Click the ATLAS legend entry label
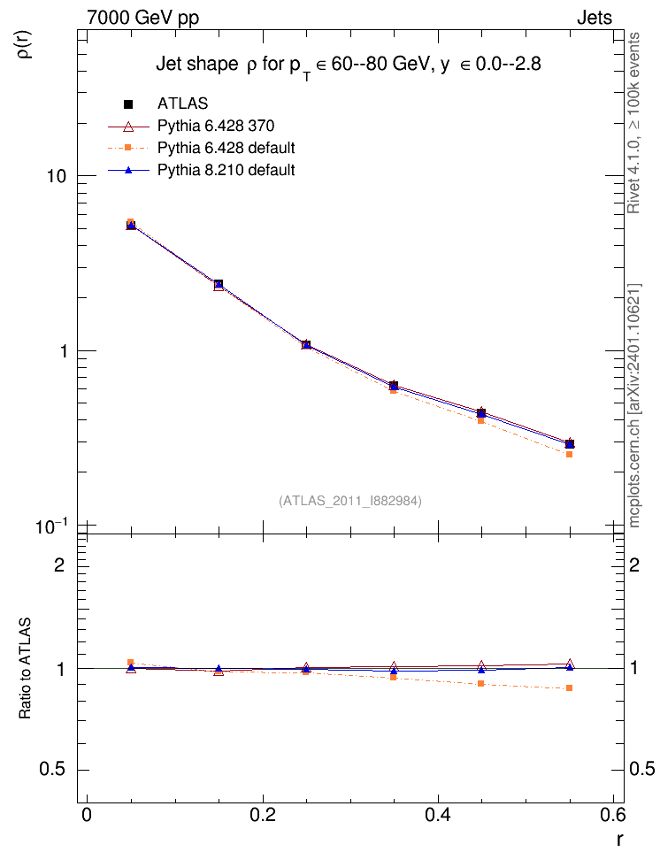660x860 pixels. coord(182,104)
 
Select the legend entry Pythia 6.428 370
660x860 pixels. coord(216,127)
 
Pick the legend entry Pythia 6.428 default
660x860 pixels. coord(226,148)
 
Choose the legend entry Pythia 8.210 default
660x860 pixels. coord(226,170)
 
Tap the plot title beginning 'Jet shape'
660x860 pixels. coord(349,65)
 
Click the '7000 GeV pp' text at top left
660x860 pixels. coord(142,18)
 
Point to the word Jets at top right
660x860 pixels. coord(595,18)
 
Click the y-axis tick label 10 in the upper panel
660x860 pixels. coord(56,177)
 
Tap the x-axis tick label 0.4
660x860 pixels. coord(438,815)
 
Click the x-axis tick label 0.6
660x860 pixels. coord(612,815)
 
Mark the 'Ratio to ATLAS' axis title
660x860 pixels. coord(25,669)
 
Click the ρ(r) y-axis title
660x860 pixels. coord(25,44)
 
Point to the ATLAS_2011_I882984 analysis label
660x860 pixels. coord(350,501)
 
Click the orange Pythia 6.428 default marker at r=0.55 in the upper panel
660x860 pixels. coord(570,454)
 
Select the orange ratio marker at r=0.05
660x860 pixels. coord(131,663)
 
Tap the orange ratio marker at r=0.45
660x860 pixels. coord(481,683)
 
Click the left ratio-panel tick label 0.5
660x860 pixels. coord(52,770)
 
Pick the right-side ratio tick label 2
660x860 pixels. coord(634,564)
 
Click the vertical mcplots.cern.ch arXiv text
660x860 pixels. coord(634,405)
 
